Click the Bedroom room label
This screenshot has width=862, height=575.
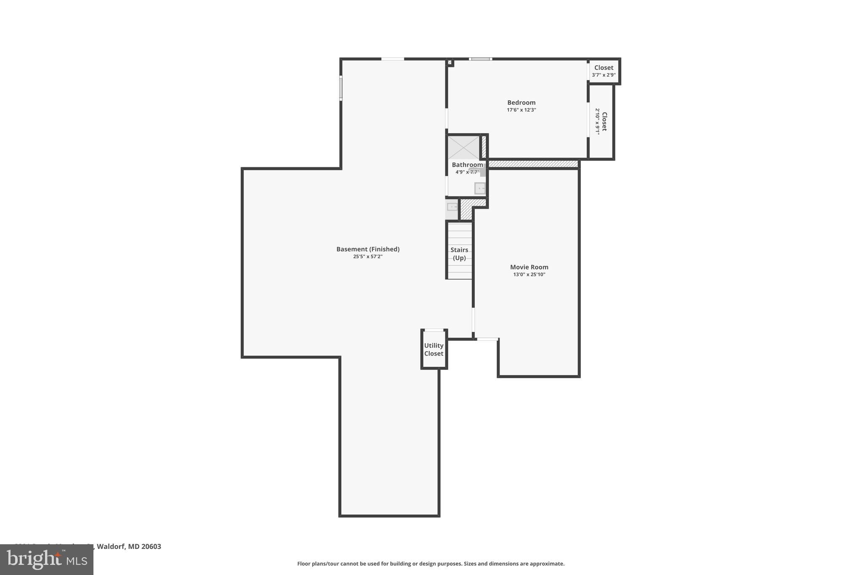coord(521,102)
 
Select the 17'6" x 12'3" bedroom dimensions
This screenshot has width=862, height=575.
coord(521,110)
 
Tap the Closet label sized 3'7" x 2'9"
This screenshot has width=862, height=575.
coord(604,68)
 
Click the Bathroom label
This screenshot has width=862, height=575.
coord(467,165)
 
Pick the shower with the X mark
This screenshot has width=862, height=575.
coord(463,147)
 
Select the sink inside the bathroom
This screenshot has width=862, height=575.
coord(479,188)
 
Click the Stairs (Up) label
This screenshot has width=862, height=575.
coord(459,254)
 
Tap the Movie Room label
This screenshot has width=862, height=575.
coord(529,267)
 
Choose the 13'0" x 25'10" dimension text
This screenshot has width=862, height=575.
coord(529,275)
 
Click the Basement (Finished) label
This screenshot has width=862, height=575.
coord(368,249)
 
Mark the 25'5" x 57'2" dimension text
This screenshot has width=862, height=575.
coord(368,257)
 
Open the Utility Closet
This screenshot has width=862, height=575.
coord(434,350)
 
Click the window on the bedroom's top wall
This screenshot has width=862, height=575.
coord(481,59)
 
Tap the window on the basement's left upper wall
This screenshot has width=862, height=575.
coord(341,88)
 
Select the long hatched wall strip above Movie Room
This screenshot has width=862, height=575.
coord(533,163)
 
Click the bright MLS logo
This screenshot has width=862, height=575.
coord(47,559)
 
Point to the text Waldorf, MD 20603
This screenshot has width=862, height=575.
coord(129,546)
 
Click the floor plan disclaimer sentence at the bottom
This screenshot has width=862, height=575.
coord(431,564)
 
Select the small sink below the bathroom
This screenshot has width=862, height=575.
coord(452,206)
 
